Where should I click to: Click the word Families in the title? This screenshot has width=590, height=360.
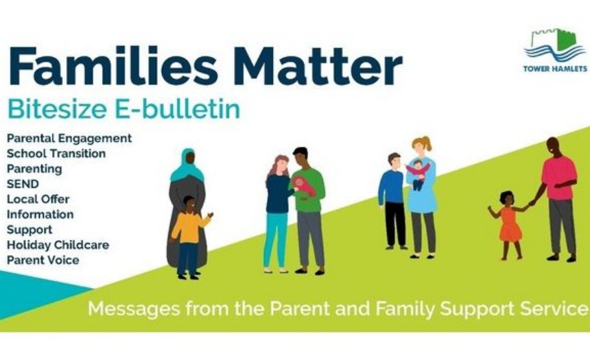(x=113, y=65)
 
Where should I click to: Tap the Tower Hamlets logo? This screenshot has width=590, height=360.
(x=555, y=50)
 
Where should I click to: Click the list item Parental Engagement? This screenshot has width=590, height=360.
(x=69, y=139)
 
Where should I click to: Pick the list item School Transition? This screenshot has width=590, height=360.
(x=56, y=154)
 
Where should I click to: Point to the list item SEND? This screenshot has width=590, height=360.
(x=23, y=184)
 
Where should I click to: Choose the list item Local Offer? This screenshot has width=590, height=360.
(x=38, y=199)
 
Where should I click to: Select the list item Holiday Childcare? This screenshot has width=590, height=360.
(x=58, y=245)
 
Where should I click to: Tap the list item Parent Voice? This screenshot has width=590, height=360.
(x=43, y=260)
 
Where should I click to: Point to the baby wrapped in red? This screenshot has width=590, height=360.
(x=305, y=187)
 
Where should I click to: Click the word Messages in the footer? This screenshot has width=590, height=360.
(x=134, y=309)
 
